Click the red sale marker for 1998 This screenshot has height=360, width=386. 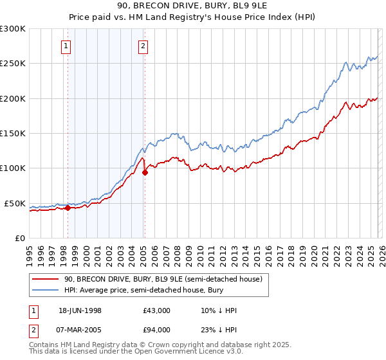(x=68, y=208)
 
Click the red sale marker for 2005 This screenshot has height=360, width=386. (x=145, y=172)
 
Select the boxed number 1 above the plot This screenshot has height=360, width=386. (x=67, y=46)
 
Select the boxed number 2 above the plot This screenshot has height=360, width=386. (x=142, y=46)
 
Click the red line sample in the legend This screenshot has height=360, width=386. (x=46, y=279)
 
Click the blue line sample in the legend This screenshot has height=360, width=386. (x=46, y=291)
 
